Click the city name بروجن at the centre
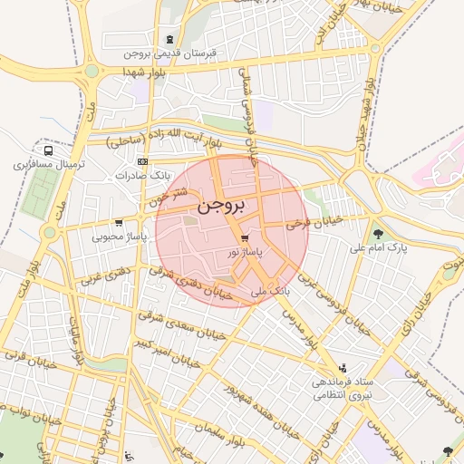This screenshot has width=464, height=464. tap(221, 206)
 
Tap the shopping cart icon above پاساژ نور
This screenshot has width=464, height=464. tap(246, 237)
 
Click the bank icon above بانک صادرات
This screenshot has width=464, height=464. tap(141, 160)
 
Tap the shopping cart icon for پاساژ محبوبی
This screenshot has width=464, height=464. tap(119, 222)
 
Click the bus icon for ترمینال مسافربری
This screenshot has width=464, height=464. tap(47, 150)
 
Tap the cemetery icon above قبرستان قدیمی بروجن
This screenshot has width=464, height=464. tap(170, 39)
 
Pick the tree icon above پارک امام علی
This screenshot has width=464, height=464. tap(379, 233)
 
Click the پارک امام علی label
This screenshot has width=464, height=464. tap(380, 247)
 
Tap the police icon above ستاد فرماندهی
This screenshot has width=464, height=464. tap(343, 368)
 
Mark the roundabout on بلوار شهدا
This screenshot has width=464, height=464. tap(92, 70)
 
